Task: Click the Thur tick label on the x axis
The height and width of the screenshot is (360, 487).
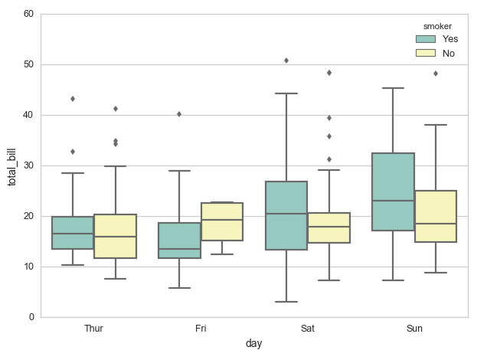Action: (x=94, y=329)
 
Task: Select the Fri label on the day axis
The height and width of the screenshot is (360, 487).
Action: (x=201, y=329)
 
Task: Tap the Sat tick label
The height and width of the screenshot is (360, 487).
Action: (x=307, y=329)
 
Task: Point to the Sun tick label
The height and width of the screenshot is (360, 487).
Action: (x=414, y=329)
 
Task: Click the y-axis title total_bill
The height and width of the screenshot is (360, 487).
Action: (x=11, y=165)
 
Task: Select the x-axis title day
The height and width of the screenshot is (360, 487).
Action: (x=254, y=344)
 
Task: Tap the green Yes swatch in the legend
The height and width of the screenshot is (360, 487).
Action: (x=426, y=38)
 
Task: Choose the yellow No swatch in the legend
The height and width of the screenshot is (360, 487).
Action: (x=426, y=53)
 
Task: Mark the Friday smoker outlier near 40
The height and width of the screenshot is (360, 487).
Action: (x=179, y=113)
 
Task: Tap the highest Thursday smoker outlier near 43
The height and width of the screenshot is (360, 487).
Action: (x=73, y=98)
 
